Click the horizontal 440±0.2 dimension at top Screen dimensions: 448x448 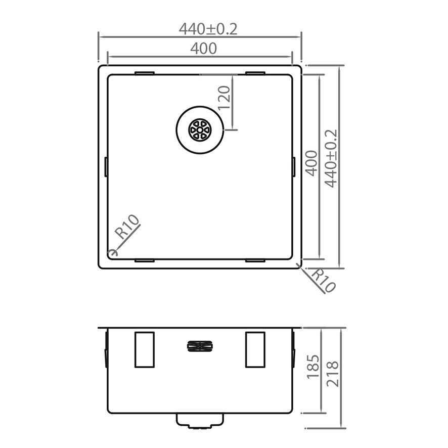point(208,29)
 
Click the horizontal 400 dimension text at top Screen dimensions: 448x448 point(203,49)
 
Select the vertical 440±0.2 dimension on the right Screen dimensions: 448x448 point(331,158)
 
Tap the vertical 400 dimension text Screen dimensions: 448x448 point(311,163)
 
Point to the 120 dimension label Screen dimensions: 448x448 point(225,98)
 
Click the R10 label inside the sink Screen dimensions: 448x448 point(127,227)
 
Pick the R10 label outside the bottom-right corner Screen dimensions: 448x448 point(323,281)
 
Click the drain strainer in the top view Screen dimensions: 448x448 point(200,129)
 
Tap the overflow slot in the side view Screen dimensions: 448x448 point(200,346)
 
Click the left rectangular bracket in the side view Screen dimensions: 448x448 point(144,349)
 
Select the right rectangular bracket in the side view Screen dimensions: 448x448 point(255,349)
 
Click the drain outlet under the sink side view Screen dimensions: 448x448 point(200,421)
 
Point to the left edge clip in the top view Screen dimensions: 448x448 point(106,167)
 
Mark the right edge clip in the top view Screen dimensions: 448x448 point(293,167)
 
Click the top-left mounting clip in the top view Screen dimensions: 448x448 point(145,74)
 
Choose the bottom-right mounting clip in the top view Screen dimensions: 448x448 point(255,261)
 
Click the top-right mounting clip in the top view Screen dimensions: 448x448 point(255,74)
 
